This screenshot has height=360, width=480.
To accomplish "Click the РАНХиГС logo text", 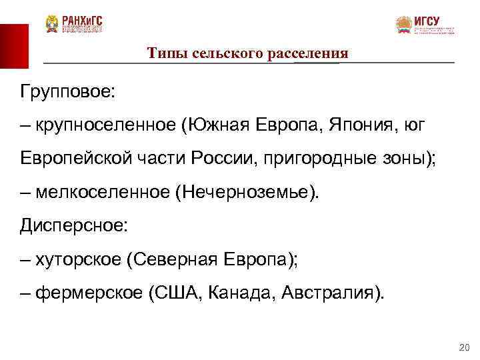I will point(83,20).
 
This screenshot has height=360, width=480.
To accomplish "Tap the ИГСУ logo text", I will point(427,21).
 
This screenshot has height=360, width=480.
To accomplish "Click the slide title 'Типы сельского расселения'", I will point(248,53).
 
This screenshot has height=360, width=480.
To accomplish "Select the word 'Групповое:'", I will point(68,91).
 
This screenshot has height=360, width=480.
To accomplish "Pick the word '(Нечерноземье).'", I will point(248,193).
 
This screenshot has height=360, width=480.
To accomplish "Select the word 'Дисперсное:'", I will point(73,226).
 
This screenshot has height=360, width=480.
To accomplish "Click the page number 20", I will point(465,346).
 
